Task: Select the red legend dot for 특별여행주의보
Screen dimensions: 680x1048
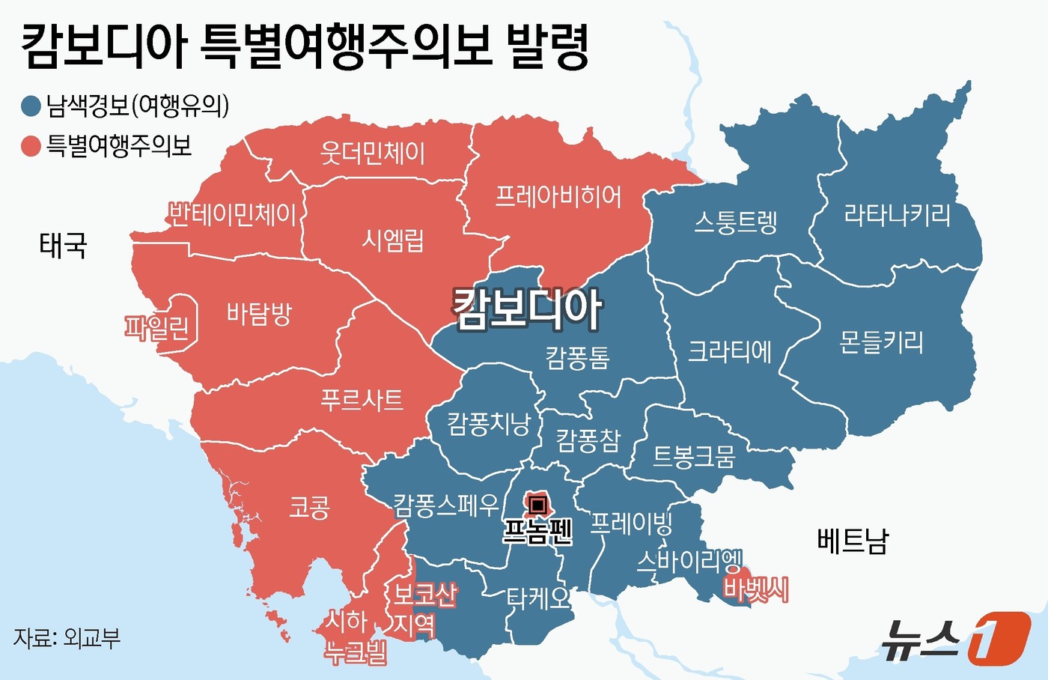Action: click(x=31, y=146)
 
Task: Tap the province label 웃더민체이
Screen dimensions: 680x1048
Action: click(x=373, y=154)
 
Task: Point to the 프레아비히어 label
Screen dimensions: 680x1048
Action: click(x=558, y=197)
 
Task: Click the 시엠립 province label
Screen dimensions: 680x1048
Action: click(x=393, y=240)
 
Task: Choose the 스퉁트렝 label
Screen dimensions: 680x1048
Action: click(x=736, y=222)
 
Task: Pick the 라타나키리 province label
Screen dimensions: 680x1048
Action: click(x=897, y=216)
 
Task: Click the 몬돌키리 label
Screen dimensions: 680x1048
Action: click(x=881, y=342)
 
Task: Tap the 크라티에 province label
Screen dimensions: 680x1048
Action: click(x=730, y=351)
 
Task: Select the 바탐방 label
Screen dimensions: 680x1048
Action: click(x=259, y=313)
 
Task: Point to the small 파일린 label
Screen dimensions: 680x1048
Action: click(x=157, y=327)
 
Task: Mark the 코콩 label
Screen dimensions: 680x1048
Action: click(x=309, y=509)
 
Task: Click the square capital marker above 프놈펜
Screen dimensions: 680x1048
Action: click(x=537, y=506)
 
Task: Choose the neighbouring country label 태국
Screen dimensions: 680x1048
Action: click(x=64, y=245)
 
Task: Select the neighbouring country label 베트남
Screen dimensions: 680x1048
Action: click(x=852, y=540)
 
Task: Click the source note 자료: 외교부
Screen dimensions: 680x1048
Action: click(x=67, y=638)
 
